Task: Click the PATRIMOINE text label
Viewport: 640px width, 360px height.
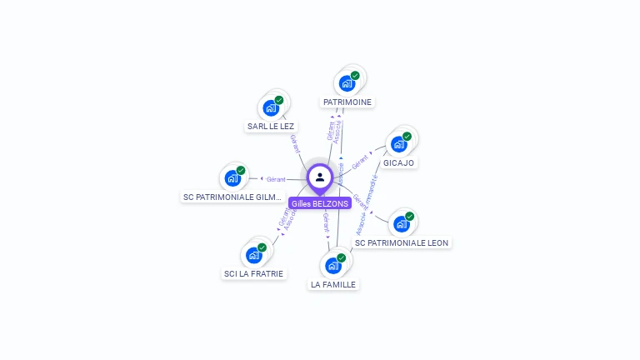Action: point(347,102)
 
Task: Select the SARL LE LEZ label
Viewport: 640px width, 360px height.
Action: point(271,127)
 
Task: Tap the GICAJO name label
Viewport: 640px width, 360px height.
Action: point(398,162)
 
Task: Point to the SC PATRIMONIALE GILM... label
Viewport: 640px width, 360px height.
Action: point(232,197)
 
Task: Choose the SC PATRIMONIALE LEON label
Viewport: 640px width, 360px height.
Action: point(402,243)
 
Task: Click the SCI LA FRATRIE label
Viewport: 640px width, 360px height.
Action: point(253,273)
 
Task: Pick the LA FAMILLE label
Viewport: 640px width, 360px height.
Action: point(333,284)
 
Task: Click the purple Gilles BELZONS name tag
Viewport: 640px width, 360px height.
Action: point(320,203)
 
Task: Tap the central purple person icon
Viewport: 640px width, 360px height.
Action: point(320,177)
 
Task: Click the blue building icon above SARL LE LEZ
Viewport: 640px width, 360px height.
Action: point(271,107)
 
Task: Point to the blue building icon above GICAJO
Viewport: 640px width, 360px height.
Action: point(398,143)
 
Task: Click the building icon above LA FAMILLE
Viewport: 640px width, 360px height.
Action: point(333,265)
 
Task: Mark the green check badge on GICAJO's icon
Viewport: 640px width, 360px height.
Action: point(407,136)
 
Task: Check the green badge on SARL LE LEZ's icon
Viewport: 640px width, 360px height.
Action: point(279,100)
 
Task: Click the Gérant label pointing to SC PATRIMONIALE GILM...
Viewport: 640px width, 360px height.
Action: point(276,179)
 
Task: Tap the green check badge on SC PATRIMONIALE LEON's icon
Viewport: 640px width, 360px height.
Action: point(409,216)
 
